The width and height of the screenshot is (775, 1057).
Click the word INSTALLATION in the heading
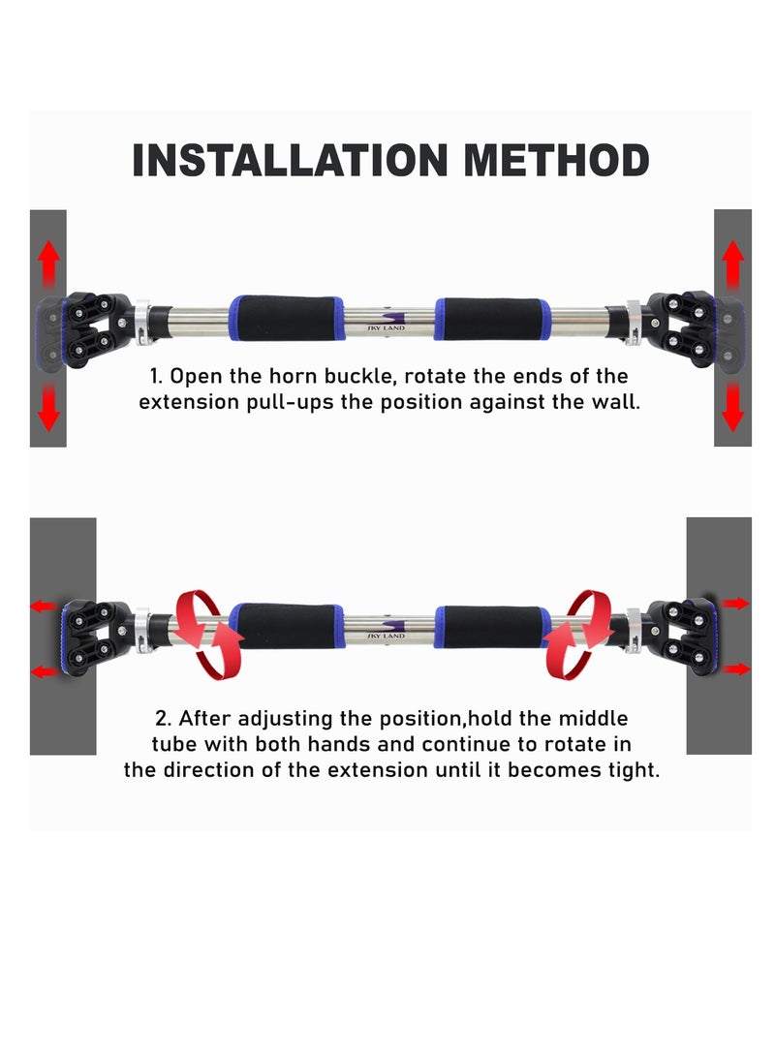[x=290, y=161]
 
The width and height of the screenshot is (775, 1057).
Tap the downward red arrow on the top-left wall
[x=47, y=407]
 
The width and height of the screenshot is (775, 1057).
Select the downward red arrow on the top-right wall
[x=732, y=407]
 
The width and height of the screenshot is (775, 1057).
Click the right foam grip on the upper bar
[x=492, y=318]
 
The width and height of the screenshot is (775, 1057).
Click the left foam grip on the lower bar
[x=287, y=626]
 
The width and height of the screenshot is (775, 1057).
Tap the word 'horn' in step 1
[x=294, y=376]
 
